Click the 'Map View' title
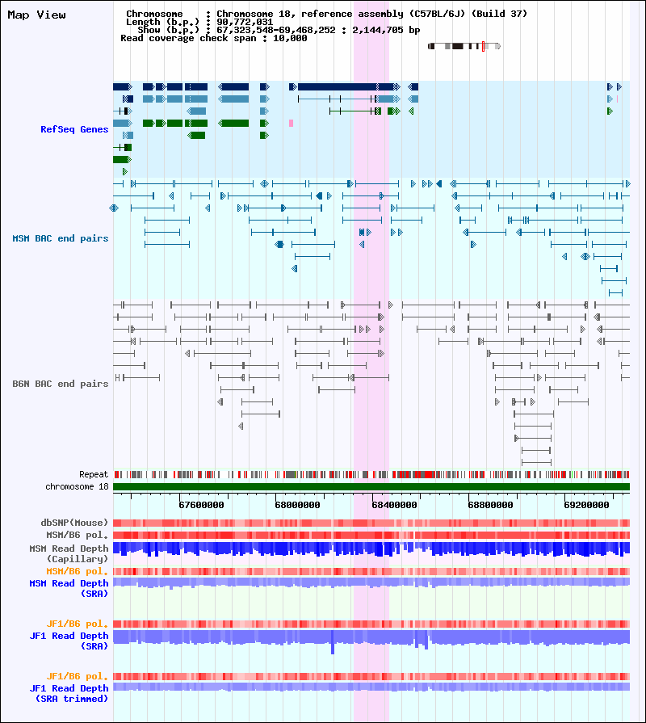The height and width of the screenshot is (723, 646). [36, 15]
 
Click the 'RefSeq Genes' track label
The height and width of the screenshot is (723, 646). [74, 129]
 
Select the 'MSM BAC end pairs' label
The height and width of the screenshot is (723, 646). [61, 238]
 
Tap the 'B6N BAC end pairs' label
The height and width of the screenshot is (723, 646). [61, 384]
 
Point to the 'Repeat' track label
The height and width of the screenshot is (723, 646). [94, 474]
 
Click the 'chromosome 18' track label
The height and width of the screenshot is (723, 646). [77, 486]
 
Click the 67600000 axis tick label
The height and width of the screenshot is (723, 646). [201, 505]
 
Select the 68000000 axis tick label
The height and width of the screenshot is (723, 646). [298, 505]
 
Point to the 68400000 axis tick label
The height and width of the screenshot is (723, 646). [394, 505]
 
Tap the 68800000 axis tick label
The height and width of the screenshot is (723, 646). [491, 505]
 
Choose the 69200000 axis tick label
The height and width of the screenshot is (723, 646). [586, 505]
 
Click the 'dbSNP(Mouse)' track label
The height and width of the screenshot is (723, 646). [74, 523]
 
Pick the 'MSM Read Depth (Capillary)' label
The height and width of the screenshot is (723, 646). [69, 554]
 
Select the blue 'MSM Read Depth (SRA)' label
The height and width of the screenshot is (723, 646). [69, 588]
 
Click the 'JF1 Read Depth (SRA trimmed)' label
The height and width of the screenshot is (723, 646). [69, 693]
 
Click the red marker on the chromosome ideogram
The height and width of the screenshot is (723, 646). [484, 46]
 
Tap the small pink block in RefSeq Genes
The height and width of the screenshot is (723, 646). [291, 123]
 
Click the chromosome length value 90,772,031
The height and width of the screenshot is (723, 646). [245, 22]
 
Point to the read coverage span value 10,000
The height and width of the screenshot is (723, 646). [290, 38]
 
